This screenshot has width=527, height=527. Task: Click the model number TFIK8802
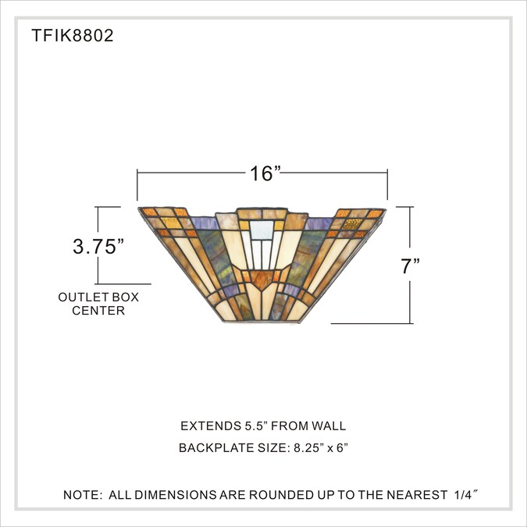click(x=73, y=35)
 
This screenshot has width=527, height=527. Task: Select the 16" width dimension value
click(x=265, y=173)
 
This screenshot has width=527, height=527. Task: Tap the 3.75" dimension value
click(x=98, y=247)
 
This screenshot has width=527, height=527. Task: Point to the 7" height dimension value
click(x=411, y=266)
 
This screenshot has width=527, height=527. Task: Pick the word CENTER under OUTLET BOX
click(x=98, y=311)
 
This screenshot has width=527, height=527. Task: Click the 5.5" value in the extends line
click(x=255, y=426)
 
